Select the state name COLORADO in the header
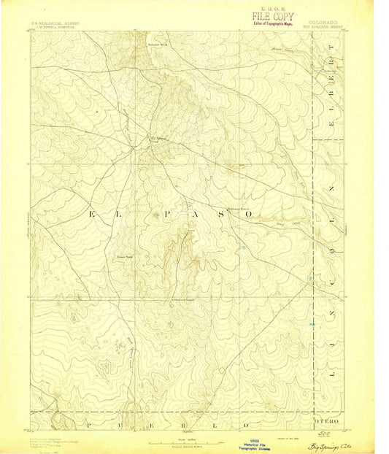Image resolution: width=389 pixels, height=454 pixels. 323,23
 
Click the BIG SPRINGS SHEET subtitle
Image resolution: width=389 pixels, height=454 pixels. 323,28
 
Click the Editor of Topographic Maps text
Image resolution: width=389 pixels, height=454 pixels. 271,23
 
